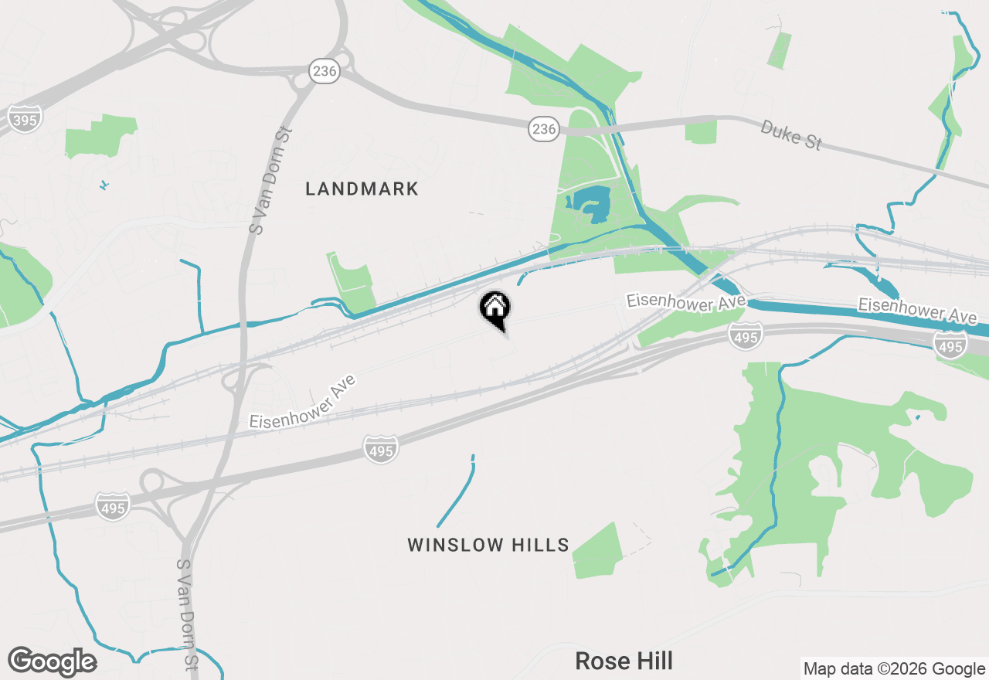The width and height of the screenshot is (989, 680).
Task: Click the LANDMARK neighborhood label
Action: pyautogui.click(x=362, y=189)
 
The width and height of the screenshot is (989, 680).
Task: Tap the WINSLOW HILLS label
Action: pyautogui.click(x=488, y=545)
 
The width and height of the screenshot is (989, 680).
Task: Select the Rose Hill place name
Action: pyautogui.click(x=624, y=661)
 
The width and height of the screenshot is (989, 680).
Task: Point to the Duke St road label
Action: pyautogui.click(x=790, y=135)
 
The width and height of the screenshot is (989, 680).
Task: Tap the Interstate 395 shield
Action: pyautogui.click(x=25, y=118)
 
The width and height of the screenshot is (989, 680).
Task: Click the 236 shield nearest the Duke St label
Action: pyautogui.click(x=544, y=129)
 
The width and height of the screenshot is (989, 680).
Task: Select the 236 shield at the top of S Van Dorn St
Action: pyautogui.click(x=325, y=72)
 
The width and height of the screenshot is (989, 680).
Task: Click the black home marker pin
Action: pyautogui.click(x=494, y=309)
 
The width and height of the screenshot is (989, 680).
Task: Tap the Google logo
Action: pyautogui.click(x=53, y=661)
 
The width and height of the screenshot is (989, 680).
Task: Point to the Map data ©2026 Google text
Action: pyautogui.click(x=894, y=669)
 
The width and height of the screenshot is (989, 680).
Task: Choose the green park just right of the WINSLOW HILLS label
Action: pyautogui.click(x=599, y=551)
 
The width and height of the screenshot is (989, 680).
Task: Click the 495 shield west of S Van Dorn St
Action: pyautogui.click(x=113, y=507)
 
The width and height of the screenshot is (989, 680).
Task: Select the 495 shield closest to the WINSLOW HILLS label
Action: pyautogui.click(x=381, y=449)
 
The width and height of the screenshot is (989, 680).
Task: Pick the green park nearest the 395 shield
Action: pyautogui.click(x=100, y=136)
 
